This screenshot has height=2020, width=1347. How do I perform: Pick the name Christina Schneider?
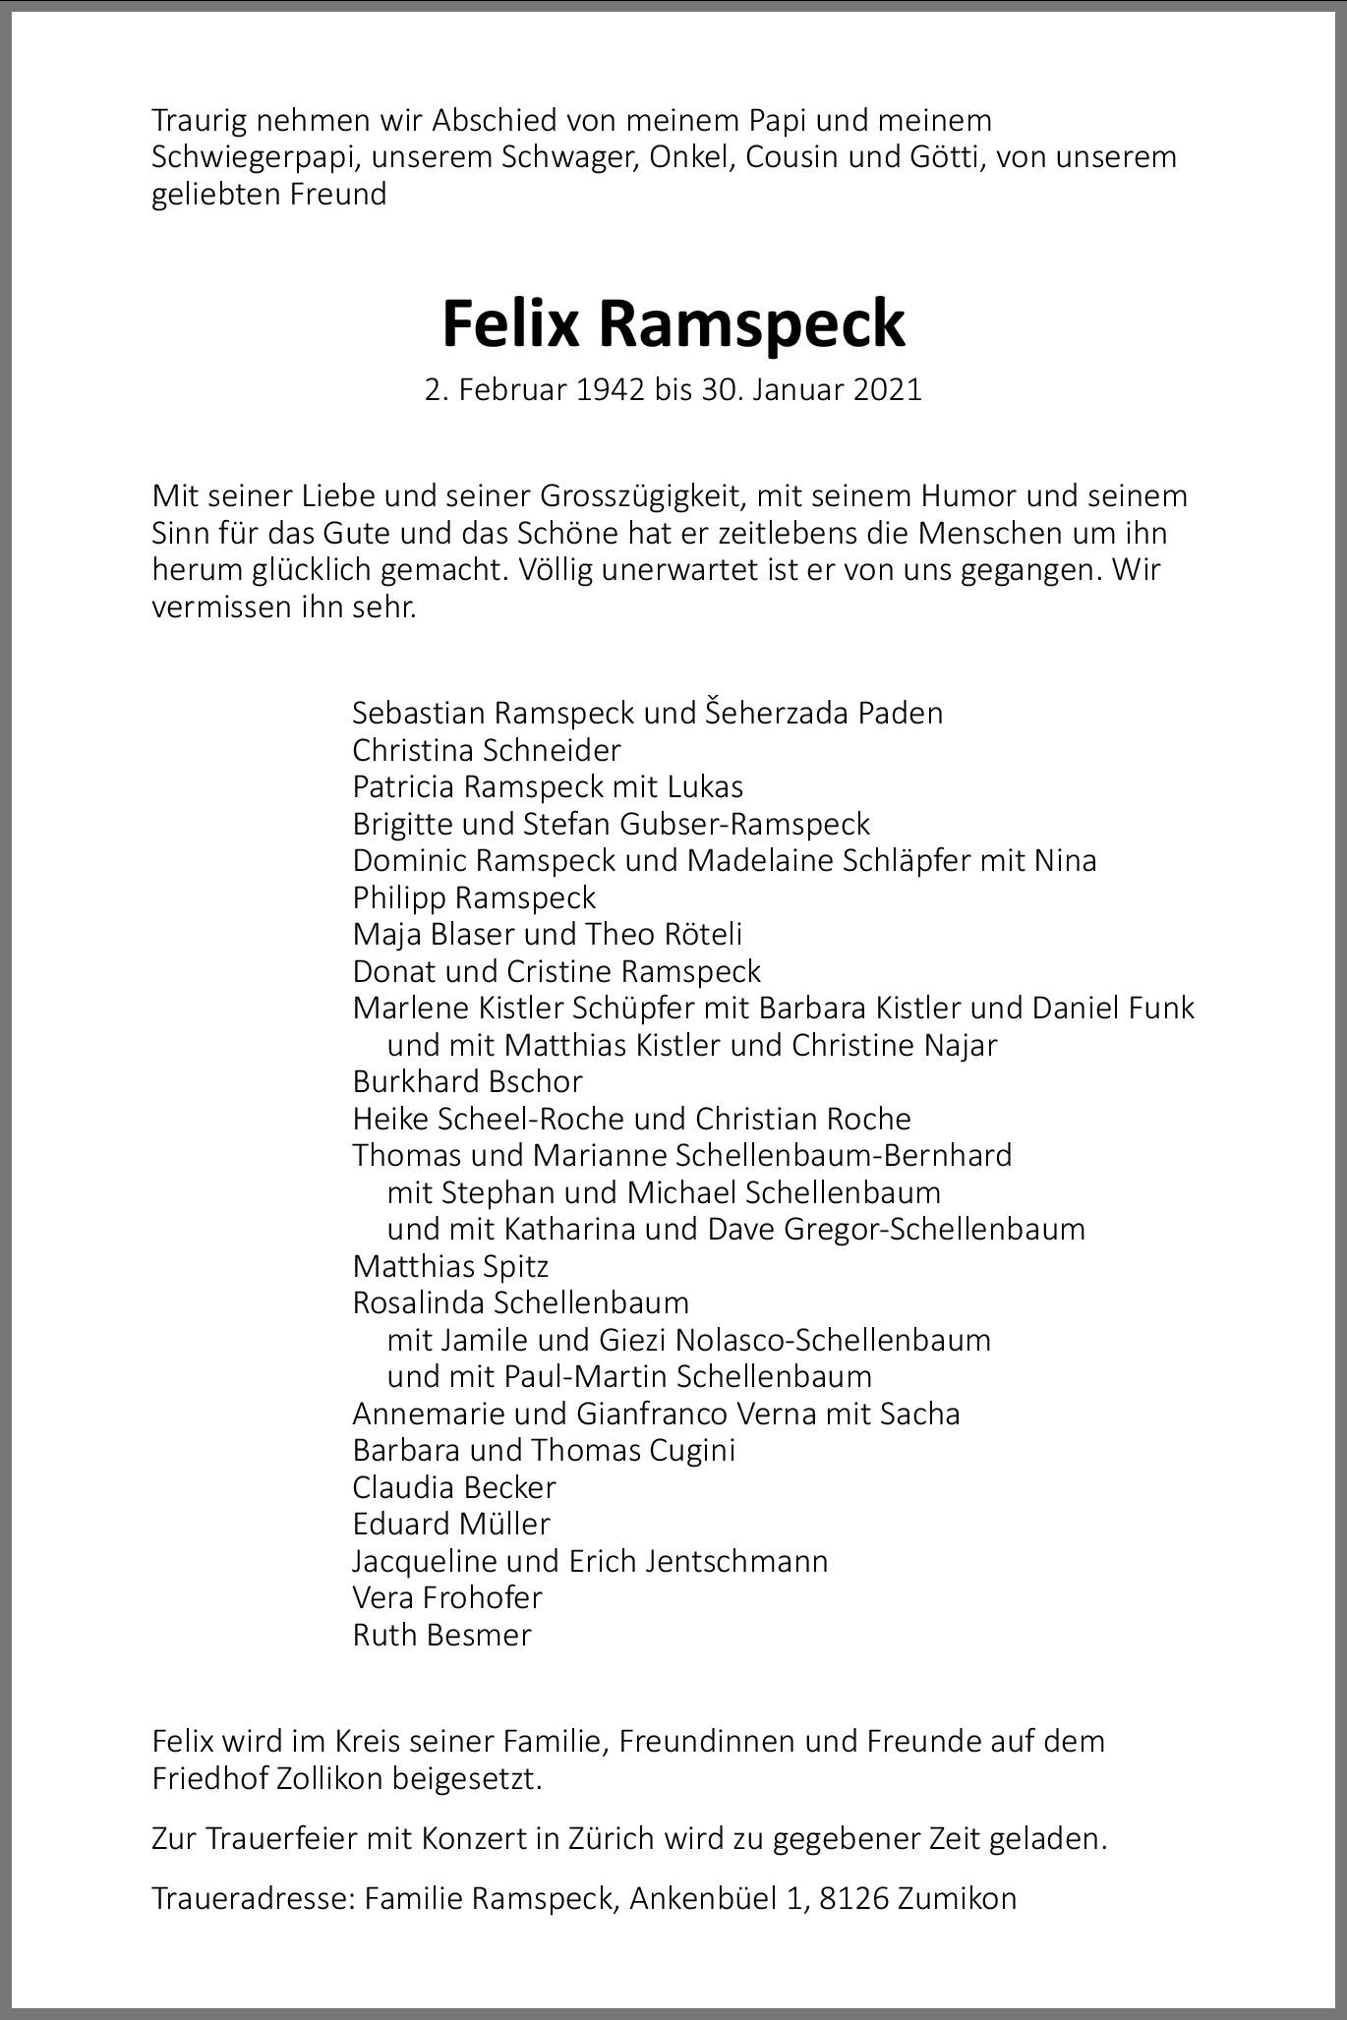click(x=487, y=750)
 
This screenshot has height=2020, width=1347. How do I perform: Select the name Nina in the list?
click(x=1065, y=861)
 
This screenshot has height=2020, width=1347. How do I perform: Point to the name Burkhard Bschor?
click(x=467, y=1081)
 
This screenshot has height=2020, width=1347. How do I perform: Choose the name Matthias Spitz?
click(x=450, y=1266)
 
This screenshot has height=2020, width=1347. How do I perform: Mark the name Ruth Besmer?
click(x=441, y=1636)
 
